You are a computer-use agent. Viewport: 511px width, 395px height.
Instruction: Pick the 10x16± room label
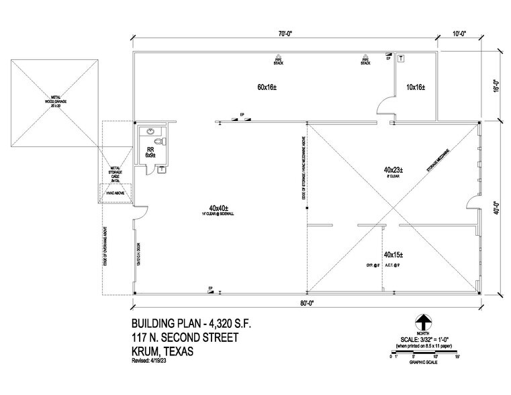pos(416,88)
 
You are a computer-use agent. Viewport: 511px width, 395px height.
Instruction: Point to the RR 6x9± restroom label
pos(151,152)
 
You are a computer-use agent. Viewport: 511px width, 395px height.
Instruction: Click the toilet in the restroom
pos(159,142)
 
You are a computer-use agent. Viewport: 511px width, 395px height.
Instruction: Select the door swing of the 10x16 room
pos(385,105)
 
